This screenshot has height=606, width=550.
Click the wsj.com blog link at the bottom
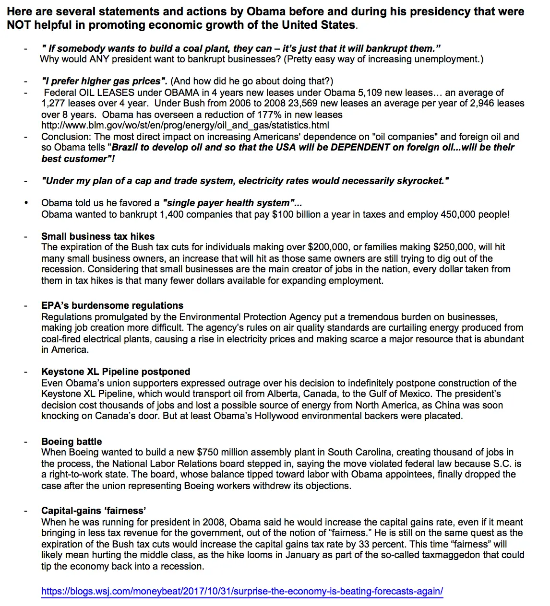point(242,591)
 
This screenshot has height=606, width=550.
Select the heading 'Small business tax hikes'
point(98,236)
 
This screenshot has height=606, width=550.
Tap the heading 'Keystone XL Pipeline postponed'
point(116,372)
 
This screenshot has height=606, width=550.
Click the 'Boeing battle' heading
point(72,442)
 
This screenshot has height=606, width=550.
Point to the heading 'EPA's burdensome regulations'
point(112,305)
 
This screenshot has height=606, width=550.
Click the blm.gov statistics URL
point(185,125)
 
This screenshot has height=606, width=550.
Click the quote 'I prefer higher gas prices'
point(104,81)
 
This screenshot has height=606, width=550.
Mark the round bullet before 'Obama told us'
point(26,203)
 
